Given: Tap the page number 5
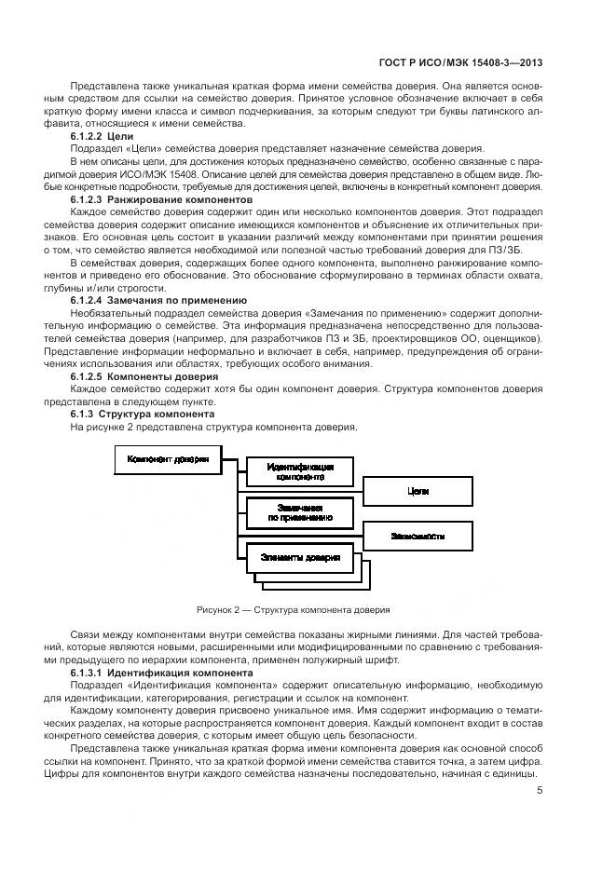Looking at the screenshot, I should (540, 792).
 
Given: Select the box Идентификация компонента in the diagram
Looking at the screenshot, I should (300, 470).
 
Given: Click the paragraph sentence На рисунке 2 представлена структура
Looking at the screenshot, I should (213, 427).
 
